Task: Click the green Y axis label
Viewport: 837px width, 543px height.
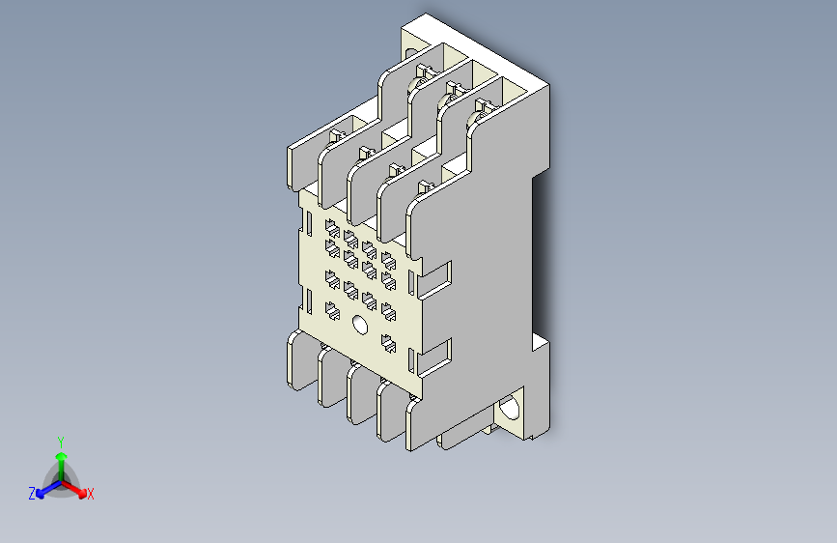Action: pos(60,440)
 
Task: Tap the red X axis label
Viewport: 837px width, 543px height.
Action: pos(91,494)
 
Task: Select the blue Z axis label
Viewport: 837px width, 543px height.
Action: pos(32,493)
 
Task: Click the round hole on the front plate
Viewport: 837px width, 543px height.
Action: pos(360,326)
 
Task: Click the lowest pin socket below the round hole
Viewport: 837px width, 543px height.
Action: pos(388,342)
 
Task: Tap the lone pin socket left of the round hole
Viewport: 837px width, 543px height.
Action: pos(332,309)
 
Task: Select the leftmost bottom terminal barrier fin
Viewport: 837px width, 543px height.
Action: pos(293,359)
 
